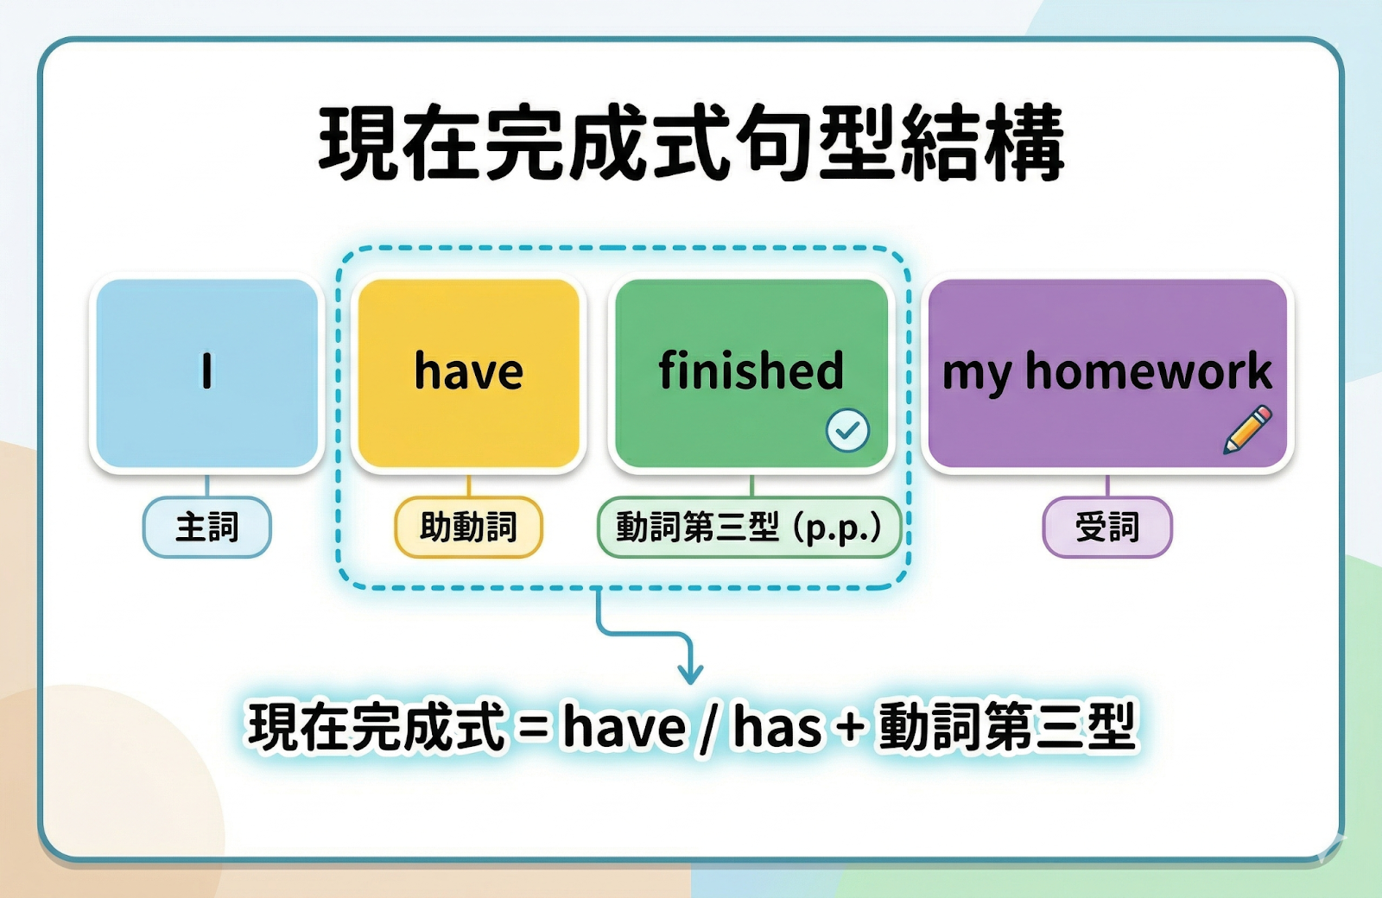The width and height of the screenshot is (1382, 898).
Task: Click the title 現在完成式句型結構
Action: (692, 143)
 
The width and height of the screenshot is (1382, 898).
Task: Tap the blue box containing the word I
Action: (207, 373)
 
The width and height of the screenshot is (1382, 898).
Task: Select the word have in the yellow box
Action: (469, 370)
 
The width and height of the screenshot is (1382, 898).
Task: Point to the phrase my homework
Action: (1107, 371)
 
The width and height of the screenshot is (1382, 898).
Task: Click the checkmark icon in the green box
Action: (847, 431)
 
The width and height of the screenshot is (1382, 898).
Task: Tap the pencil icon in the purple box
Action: (1247, 430)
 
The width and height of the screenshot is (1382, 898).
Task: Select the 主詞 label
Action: (207, 528)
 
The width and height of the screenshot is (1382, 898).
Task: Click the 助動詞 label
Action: (469, 528)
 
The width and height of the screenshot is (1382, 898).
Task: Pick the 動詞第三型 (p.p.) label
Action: (750, 528)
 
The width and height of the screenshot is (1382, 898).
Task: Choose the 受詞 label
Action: (1107, 528)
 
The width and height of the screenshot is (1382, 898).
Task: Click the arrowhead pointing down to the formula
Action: (690, 673)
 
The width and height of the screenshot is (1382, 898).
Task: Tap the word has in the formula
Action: (777, 727)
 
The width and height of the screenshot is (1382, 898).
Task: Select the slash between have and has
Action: (709, 729)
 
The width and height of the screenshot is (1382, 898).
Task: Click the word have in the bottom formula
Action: (624, 727)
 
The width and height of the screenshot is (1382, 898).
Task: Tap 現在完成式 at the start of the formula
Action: (376, 727)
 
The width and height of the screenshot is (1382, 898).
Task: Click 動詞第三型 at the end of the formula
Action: (1007, 727)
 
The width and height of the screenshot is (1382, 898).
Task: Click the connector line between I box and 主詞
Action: (207, 486)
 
